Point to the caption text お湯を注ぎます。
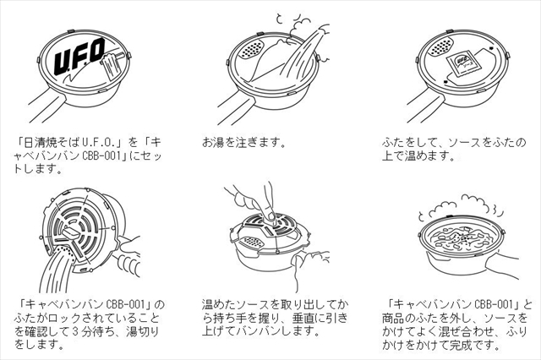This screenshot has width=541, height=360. coord(244,141)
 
